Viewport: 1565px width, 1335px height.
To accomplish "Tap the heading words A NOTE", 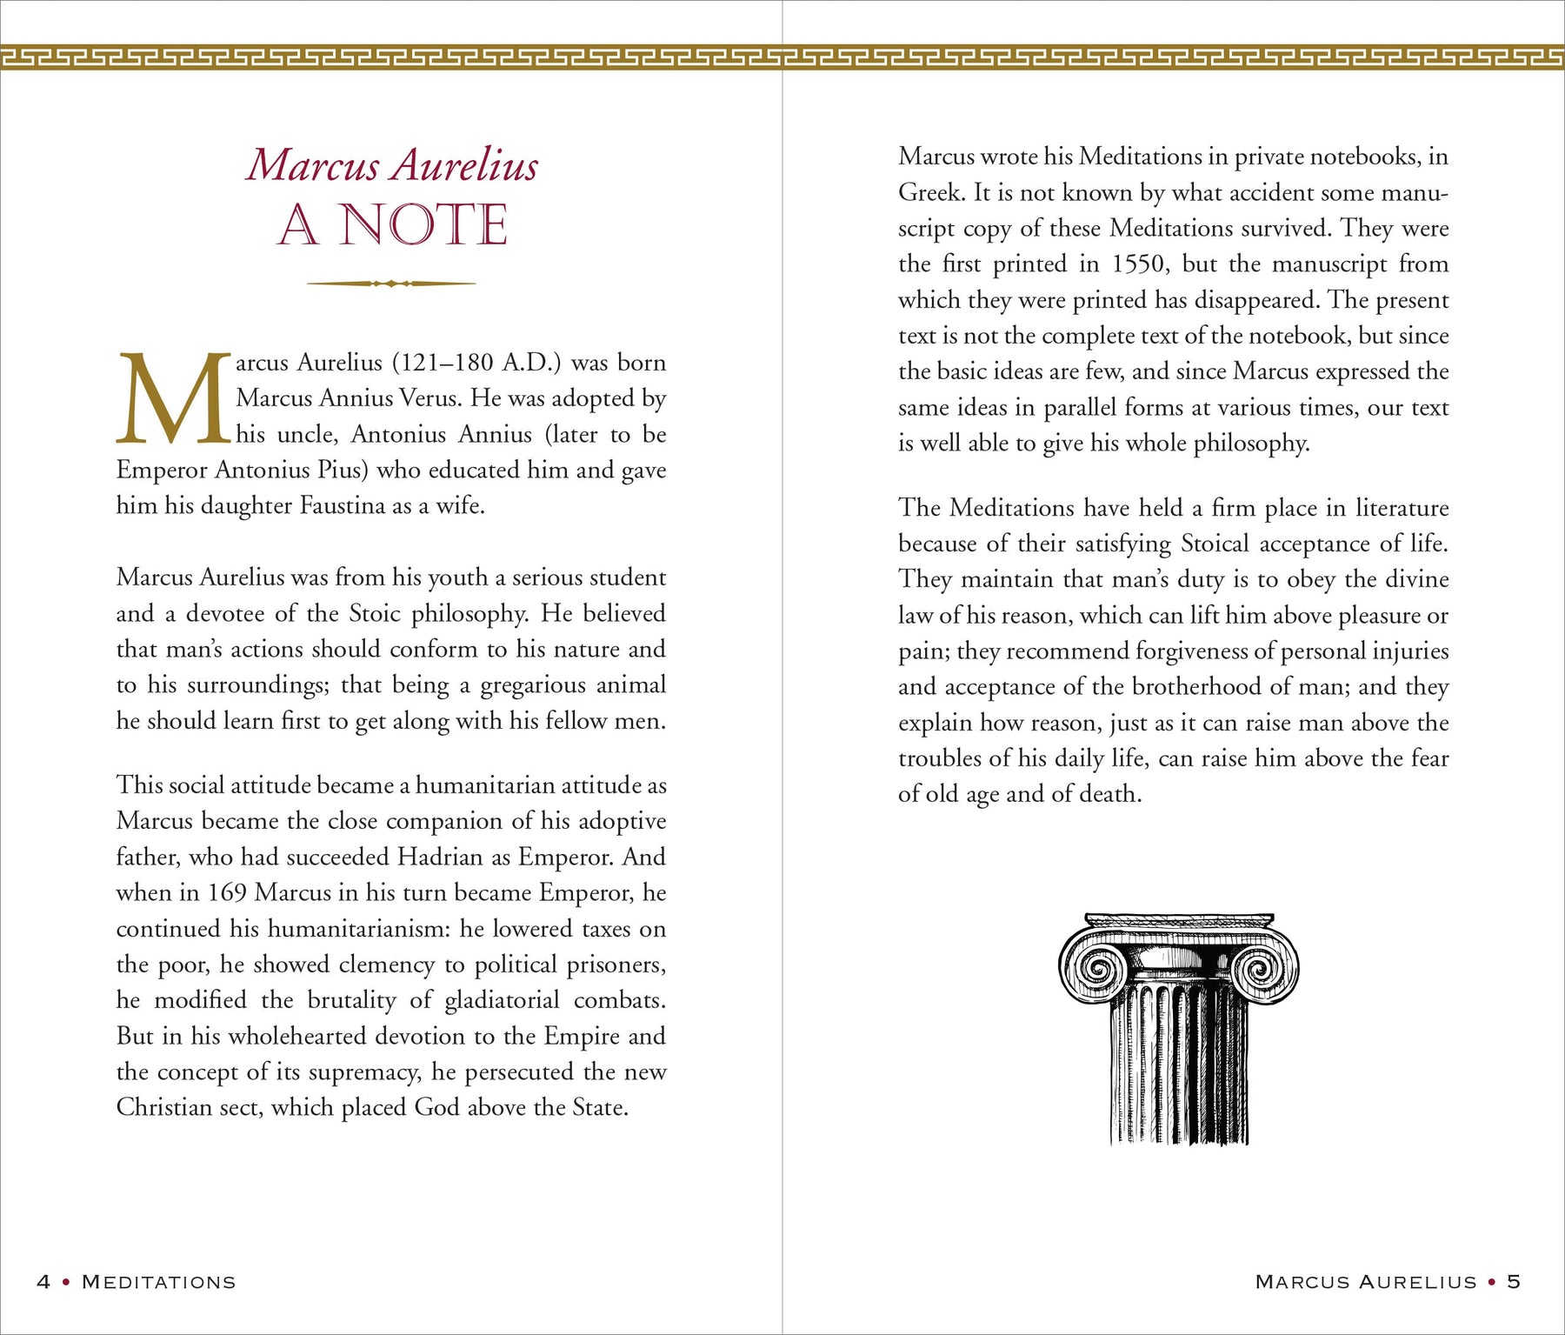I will coord(392,225).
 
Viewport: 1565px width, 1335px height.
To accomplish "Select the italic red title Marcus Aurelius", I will coord(392,165).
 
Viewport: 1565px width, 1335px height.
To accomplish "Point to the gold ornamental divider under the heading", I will coord(391,284).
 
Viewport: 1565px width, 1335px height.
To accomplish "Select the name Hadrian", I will coord(440,858).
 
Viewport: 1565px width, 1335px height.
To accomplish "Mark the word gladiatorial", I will coord(502,1001).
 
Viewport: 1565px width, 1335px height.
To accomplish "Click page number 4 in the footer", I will coord(43,1282).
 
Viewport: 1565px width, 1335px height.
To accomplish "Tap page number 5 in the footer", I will coord(1514,1282).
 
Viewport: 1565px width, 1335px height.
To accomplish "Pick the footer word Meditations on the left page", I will coord(159,1282).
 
